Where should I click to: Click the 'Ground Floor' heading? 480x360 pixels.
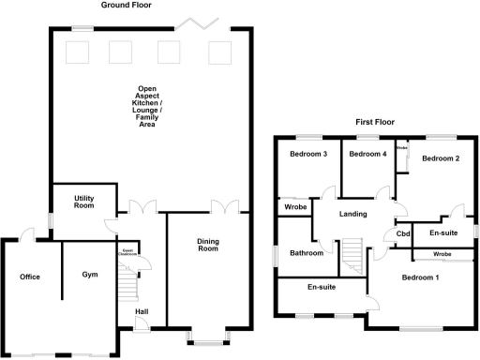[x=126, y=5]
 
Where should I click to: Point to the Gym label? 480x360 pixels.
[x=90, y=275]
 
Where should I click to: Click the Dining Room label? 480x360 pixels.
[x=207, y=246]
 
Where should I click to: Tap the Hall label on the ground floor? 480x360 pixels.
[x=142, y=311]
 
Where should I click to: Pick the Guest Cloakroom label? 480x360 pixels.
[x=128, y=251]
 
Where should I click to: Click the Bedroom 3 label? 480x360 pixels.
[x=307, y=155]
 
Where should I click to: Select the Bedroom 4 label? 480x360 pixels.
[x=367, y=155]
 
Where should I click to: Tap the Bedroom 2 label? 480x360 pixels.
[x=440, y=159]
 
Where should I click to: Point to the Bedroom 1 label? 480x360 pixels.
[x=421, y=277]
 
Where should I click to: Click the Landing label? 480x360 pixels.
[x=352, y=215]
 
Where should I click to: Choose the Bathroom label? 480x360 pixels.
[x=307, y=253]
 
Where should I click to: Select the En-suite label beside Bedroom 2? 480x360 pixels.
[x=444, y=232]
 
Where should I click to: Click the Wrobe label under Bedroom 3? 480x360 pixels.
[x=296, y=207]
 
